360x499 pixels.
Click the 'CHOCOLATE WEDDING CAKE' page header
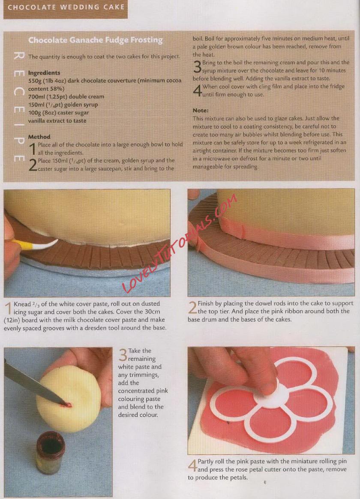(x=66, y=7)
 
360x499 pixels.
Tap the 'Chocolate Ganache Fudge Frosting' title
(x=95, y=40)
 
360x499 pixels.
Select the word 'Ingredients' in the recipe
(x=44, y=73)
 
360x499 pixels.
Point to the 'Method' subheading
(x=39, y=137)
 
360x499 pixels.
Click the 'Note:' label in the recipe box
(x=201, y=111)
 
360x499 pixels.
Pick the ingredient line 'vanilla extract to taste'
(x=57, y=121)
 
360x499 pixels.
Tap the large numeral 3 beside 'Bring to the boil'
(x=197, y=66)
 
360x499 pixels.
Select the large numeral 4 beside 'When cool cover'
(x=197, y=90)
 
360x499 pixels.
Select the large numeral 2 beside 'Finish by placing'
(x=192, y=308)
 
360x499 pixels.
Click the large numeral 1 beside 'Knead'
(x=8, y=308)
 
